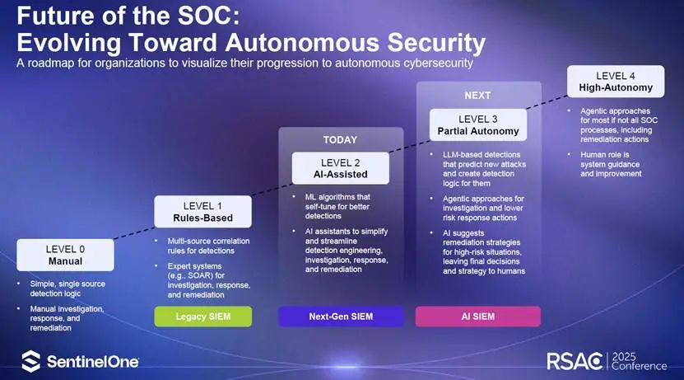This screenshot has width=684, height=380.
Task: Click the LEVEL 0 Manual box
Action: [65, 255]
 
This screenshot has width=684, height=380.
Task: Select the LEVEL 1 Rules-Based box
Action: [202, 212]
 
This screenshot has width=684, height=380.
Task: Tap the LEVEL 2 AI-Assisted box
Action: [340, 168]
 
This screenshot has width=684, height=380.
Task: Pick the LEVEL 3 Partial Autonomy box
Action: [478, 125]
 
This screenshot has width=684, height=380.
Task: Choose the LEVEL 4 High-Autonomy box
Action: [616, 82]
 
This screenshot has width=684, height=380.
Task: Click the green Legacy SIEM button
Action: [202, 317]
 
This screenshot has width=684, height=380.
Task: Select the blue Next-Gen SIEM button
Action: [341, 317]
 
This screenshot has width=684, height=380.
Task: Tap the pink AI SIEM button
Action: [478, 317]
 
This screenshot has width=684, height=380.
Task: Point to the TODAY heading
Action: [340, 140]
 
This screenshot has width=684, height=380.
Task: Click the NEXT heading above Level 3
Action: [477, 96]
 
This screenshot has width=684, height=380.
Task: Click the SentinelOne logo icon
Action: [31, 361]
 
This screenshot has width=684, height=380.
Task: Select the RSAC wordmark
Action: [575, 361]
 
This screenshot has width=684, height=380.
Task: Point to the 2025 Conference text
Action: [639, 361]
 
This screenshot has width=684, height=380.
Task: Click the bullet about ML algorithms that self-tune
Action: [337, 207]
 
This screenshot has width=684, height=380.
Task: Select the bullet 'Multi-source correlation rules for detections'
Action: [208, 246]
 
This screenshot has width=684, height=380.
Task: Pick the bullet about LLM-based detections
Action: [484, 169]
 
